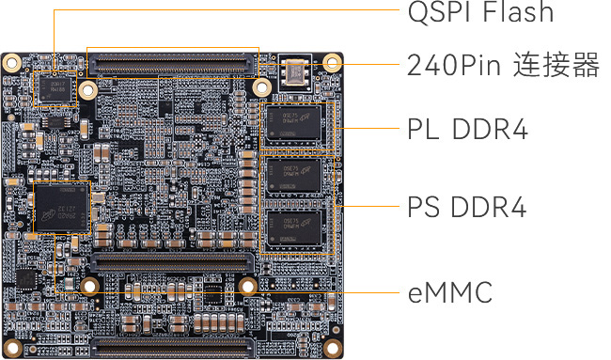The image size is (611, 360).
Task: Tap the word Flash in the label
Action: pyautogui.click(x=518, y=11)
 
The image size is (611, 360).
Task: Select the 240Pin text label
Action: pyautogui.click(x=454, y=65)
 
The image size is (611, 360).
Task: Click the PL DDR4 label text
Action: pyautogui.click(x=467, y=129)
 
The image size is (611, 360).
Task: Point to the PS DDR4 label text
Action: pyautogui.click(x=467, y=206)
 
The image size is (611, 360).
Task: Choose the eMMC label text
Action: pyautogui.click(x=450, y=292)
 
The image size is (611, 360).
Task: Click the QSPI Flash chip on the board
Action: pyautogui.click(x=55, y=89)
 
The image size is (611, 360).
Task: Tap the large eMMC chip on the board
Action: pyautogui.click(x=62, y=208)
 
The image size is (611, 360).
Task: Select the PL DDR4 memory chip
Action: pyautogui.click(x=294, y=122)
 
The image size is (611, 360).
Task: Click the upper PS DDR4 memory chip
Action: pyautogui.click(x=294, y=176)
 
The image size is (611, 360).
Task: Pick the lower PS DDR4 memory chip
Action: pyautogui.click(x=294, y=227)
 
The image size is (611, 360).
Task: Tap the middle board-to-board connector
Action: pyautogui.click(x=172, y=262)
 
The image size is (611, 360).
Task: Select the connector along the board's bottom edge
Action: pyautogui.click(x=172, y=347)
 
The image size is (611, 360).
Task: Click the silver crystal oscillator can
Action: pyautogui.click(x=295, y=71)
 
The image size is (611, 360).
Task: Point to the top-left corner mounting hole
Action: pyautogui.click(x=11, y=62)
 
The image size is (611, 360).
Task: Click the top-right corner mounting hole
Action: pyautogui.click(x=332, y=62)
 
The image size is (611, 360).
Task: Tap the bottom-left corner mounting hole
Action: pyautogui.click(x=12, y=347)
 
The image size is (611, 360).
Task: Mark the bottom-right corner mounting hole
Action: pyautogui.click(x=332, y=347)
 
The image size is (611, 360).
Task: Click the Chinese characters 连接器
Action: pyautogui.click(x=556, y=64)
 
